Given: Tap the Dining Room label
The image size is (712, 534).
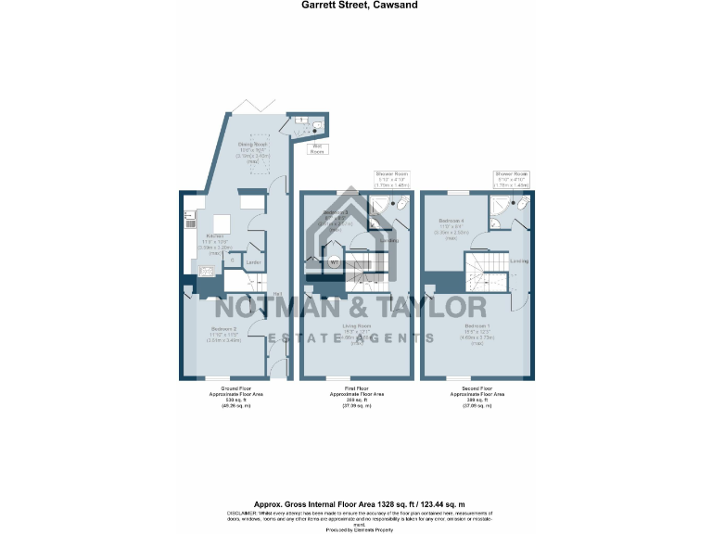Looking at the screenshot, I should point(252,145).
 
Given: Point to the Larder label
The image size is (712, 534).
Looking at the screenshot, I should point(251,263).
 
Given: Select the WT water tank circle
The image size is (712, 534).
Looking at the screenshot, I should point(334,262).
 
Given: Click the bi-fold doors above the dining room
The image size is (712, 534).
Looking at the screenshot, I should point(248,108).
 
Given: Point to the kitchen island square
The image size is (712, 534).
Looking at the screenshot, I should point(222,223).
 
